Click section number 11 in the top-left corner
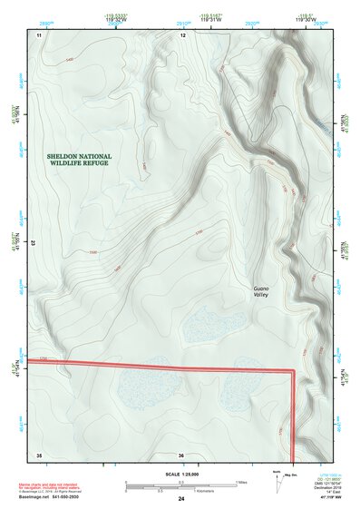point(39,34)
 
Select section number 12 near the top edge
point(182,34)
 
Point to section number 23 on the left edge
point(34,243)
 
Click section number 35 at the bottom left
point(39,454)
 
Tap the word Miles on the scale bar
point(242,481)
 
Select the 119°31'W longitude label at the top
point(211,21)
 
